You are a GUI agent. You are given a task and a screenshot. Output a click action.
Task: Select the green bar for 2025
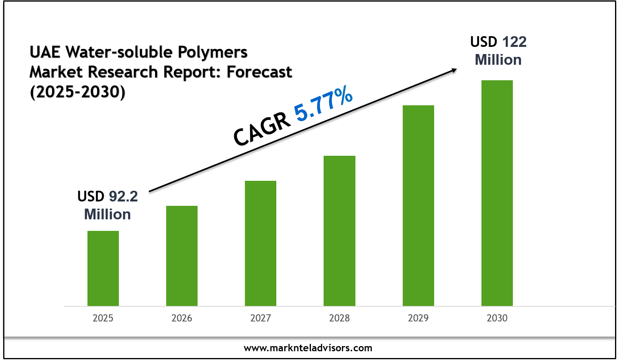click(x=103, y=268)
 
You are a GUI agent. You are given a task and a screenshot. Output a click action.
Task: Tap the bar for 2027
click(x=260, y=243)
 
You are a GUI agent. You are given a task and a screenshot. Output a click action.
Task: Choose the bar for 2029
click(x=418, y=205)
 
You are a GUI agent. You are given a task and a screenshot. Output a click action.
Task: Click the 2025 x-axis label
click(x=103, y=318)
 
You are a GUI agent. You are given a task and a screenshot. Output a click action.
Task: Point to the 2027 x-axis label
click(x=260, y=318)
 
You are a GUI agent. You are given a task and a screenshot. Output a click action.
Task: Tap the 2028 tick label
click(x=339, y=318)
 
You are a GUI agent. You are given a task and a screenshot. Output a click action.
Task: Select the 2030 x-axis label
click(x=497, y=318)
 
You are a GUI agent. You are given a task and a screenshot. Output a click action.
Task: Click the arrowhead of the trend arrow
click(x=454, y=70)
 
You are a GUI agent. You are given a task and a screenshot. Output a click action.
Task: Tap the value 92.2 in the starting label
click(x=123, y=196)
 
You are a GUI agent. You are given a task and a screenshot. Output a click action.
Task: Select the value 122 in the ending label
click(x=514, y=42)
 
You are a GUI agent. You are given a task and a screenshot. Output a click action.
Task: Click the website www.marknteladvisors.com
click(x=308, y=348)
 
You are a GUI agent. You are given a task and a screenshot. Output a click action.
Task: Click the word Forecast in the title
click(x=259, y=72)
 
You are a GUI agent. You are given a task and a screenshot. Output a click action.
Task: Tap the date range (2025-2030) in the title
click(x=78, y=92)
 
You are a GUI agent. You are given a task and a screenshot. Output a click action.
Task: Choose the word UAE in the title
click(x=45, y=52)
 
